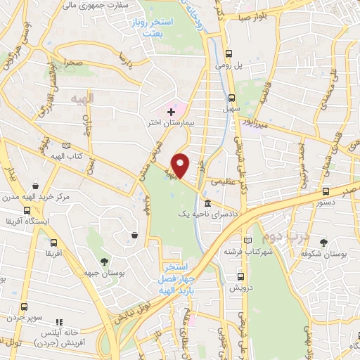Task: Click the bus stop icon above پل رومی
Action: (229, 53)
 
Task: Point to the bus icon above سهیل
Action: (231, 98)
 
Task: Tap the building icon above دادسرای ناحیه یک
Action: (206, 204)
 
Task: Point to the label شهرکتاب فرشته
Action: (249, 251)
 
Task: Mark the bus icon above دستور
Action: (325, 191)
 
